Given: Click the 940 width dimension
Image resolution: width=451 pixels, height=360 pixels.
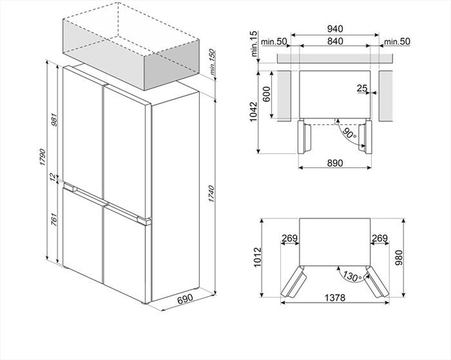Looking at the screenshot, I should pos(335,29).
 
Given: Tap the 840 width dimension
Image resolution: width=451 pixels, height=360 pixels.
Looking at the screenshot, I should pos(335,41).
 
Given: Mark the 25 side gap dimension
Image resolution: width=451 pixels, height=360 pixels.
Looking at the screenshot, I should pos(362,88).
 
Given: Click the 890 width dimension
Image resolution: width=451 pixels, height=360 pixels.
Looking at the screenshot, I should pos(335,163).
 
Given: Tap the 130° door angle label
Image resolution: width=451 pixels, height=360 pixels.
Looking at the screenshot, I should pos(351,274).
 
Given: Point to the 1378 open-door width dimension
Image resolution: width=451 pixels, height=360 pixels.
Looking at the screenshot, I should pos(335,297).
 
